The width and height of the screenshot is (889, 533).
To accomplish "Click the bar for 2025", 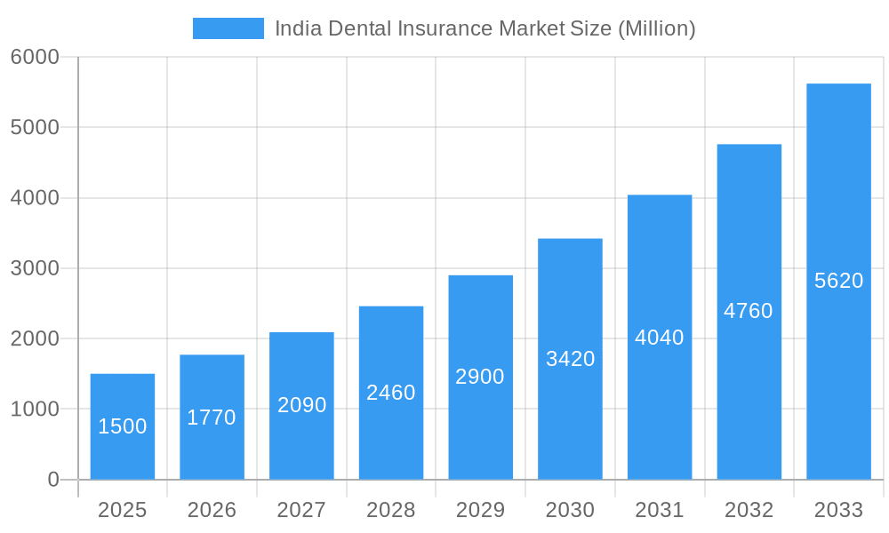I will pyautogui.click(x=123, y=426).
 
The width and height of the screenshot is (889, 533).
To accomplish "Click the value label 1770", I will pyautogui.click(x=212, y=418).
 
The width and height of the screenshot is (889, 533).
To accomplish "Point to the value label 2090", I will pyautogui.click(x=302, y=406).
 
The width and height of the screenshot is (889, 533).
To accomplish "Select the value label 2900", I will pyautogui.click(x=480, y=377).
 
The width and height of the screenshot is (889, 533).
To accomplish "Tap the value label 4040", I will pyautogui.click(x=660, y=338).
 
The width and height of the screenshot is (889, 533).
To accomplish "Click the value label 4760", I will pyautogui.click(x=749, y=311).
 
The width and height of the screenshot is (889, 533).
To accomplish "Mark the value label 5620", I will pyautogui.click(x=838, y=281).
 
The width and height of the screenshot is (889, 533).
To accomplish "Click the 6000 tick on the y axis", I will pyautogui.click(x=35, y=58).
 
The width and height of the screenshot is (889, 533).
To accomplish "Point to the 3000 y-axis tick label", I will pyautogui.click(x=35, y=268).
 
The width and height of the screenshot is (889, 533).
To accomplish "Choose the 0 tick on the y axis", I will pyautogui.click(x=52, y=480).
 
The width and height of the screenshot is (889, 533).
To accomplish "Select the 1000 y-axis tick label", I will pyautogui.click(x=35, y=410).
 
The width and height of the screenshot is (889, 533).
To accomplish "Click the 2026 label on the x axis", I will pyautogui.click(x=212, y=510).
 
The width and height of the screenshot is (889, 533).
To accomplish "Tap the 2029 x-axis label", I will pyautogui.click(x=480, y=510).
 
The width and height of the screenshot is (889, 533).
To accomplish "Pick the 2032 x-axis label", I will pyautogui.click(x=749, y=510).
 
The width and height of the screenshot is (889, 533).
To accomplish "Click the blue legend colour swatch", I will pyautogui.click(x=228, y=28).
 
